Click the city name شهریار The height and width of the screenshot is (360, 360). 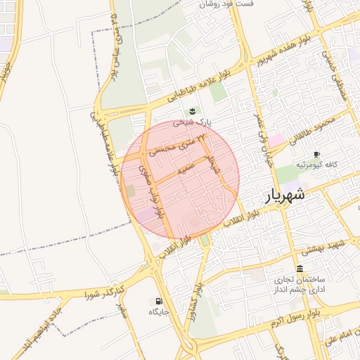(x=285, y=195)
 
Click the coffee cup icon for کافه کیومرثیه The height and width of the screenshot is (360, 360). (x=316, y=154)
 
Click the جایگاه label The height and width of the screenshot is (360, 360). (x=159, y=311)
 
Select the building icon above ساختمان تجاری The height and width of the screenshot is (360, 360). (x=300, y=269)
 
